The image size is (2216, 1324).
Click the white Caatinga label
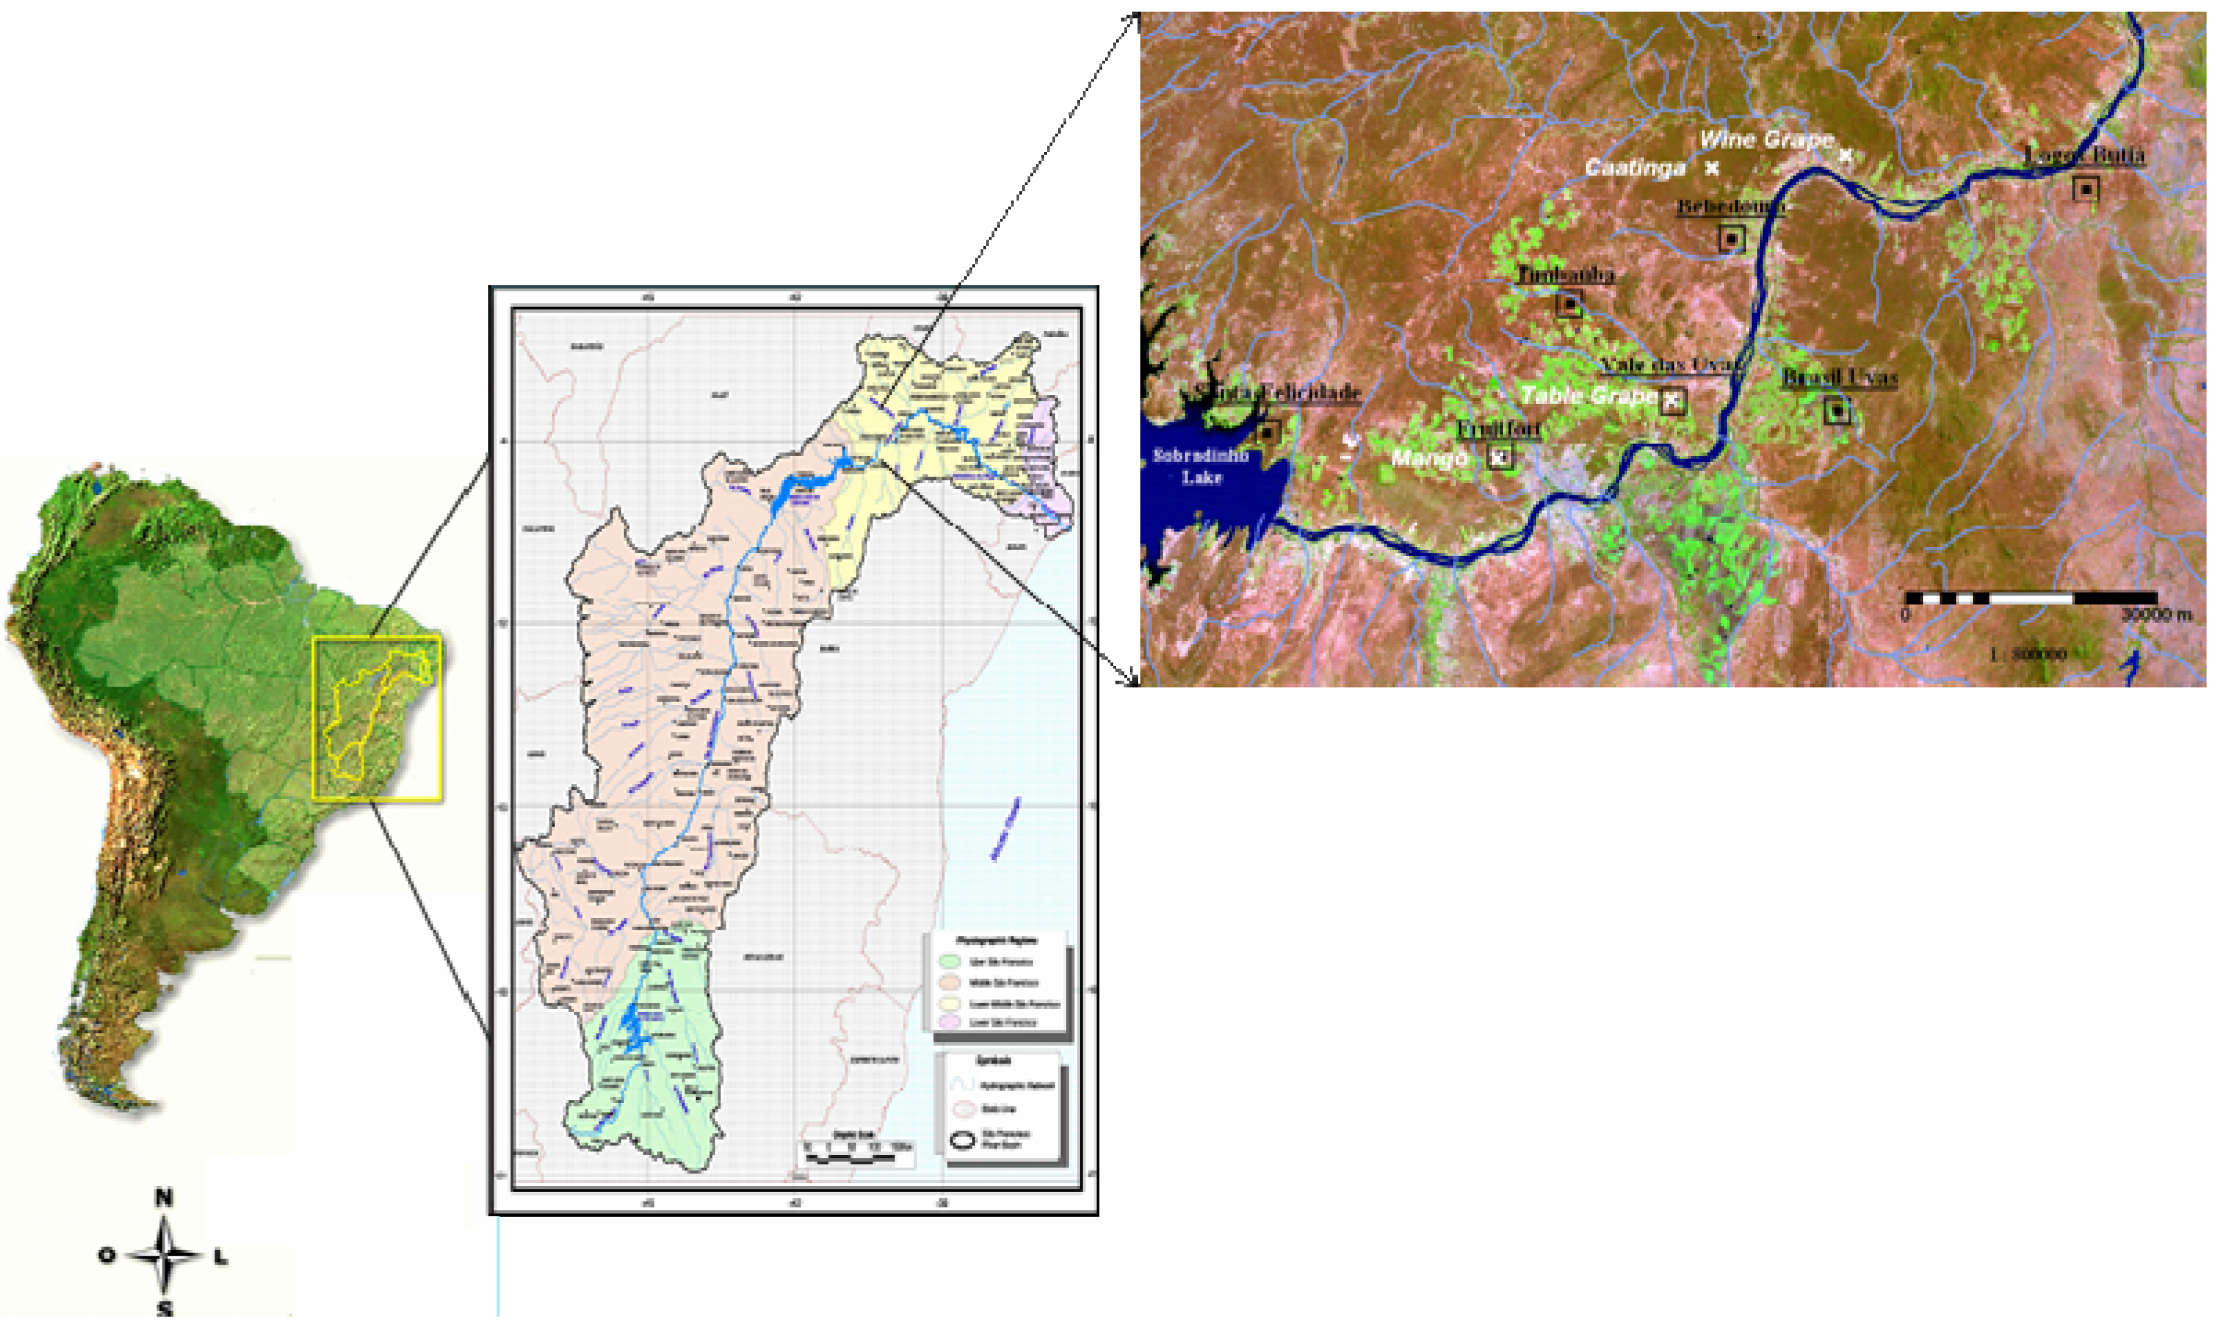pos(1635,168)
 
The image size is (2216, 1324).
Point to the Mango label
pos(1429,459)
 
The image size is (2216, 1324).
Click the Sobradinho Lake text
pos(1201,466)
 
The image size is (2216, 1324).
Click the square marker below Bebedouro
pos(1732,238)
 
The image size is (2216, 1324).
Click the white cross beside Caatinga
pos(1712,167)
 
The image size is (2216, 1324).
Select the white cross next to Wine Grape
pos(1845,155)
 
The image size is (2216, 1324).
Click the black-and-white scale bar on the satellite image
pos(2030,597)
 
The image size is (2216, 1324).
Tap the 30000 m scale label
pos(2156,615)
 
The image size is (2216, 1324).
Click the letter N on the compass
pos(163,1198)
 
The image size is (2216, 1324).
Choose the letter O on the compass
pos(107,1256)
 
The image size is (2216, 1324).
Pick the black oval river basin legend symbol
pos(962,1140)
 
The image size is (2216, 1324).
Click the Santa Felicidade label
pos(1277,392)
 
